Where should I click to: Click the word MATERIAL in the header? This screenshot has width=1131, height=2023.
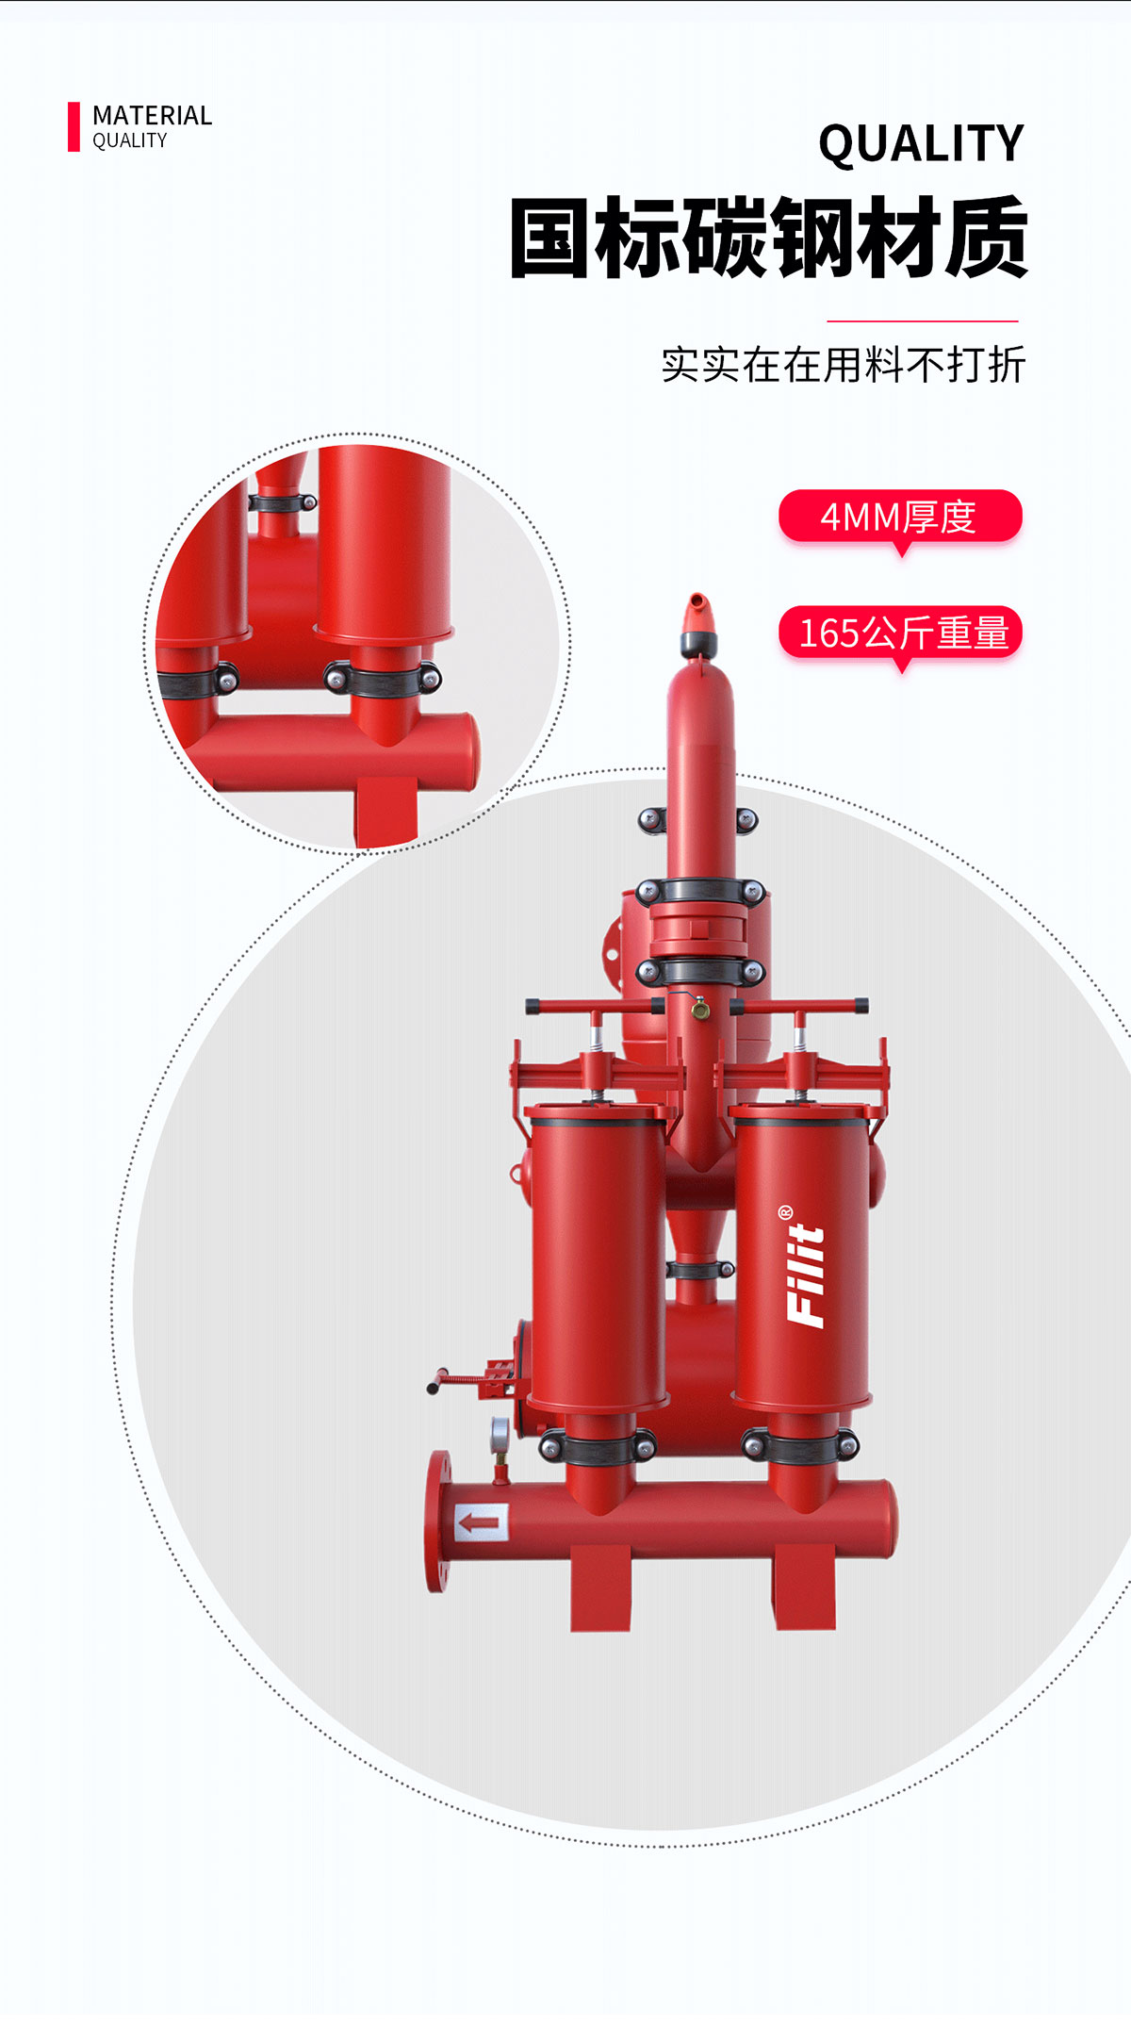(x=152, y=116)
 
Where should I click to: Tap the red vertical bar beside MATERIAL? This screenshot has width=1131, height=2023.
(x=74, y=126)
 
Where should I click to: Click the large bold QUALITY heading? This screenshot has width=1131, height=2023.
(x=921, y=144)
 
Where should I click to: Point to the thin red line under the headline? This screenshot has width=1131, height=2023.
(x=923, y=321)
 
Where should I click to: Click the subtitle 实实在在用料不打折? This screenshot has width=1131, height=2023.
(x=844, y=365)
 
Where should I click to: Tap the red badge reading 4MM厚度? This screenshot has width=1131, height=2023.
(x=900, y=517)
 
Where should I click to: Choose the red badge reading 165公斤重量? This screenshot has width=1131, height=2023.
(x=900, y=633)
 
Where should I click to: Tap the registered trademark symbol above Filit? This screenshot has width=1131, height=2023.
(x=786, y=1211)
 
